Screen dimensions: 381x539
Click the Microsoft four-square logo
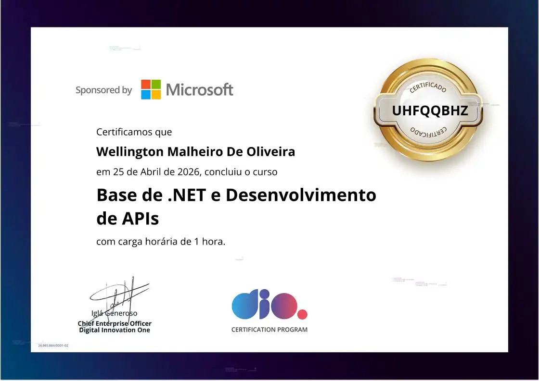tap(151, 89)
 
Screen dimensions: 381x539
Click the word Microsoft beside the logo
tap(199, 90)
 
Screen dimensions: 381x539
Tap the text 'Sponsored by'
tap(103, 90)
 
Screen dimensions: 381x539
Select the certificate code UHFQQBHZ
tap(430, 111)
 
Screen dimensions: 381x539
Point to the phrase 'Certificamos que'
tap(134, 132)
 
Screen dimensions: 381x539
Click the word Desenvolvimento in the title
tap(301, 196)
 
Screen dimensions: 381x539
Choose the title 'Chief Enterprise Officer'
tap(115, 323)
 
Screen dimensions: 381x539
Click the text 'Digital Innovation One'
tap(115, 330)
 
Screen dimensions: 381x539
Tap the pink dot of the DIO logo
tap(302, 315)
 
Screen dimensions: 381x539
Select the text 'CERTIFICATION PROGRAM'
tap(269, 330)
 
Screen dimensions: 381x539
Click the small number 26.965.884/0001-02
tap(53, 345)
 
